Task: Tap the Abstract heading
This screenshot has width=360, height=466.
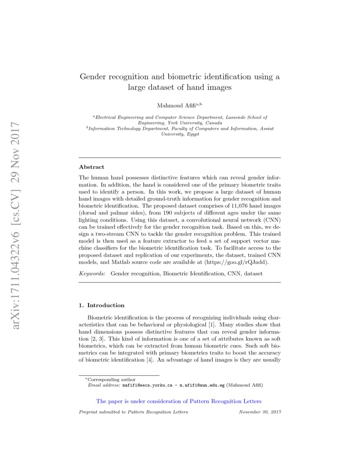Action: click(x=91, y=167)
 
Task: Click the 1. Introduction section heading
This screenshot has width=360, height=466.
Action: click(x=102, y=305)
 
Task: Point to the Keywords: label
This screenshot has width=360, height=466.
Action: click(x=92, y=274)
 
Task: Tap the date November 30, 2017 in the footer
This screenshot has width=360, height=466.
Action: click(x=260, y=412)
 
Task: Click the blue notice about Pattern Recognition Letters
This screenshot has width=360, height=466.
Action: click(x=179, y=401)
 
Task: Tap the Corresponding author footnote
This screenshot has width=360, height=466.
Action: click(x=111, y=380)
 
